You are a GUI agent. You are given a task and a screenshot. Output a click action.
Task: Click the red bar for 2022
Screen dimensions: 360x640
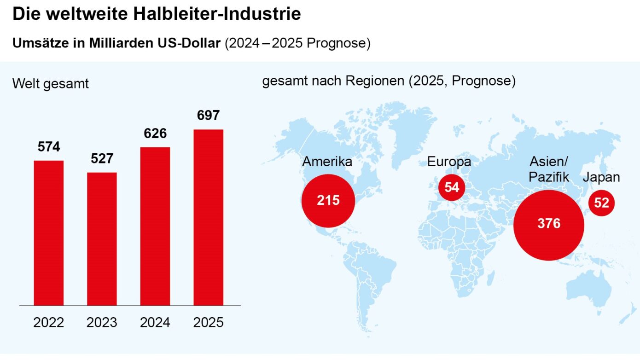(49, 232)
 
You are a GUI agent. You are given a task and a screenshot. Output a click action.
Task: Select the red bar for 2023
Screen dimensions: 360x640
(102, 238)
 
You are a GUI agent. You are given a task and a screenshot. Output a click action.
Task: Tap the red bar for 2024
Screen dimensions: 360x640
(155, 226)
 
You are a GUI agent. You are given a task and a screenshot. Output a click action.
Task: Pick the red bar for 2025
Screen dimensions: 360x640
(208, 217)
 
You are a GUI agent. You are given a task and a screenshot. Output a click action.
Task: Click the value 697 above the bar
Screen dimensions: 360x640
(208, 116)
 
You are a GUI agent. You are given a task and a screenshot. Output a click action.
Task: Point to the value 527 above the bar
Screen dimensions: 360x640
(102, 159)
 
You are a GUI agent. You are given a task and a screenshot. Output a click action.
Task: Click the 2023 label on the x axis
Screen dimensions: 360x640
(102, 322)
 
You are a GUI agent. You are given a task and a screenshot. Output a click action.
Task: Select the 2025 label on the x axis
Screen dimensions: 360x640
(208, 322)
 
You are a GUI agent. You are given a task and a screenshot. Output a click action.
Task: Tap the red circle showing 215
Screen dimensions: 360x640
(328, 201)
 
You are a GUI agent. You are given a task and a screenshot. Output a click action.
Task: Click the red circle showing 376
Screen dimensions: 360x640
(549, 224)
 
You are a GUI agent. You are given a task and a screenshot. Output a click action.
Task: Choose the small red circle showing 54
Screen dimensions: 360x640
(452, 187)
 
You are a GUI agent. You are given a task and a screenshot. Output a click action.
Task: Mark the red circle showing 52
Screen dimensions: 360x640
(601, 203)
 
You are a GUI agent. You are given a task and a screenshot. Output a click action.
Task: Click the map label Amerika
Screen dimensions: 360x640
(327, 162)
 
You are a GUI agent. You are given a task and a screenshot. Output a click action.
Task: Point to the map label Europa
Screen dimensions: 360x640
(449, 162)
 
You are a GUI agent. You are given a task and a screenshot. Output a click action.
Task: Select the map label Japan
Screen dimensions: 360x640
(601, 177)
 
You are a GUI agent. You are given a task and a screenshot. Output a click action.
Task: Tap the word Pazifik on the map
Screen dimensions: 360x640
(549, 177)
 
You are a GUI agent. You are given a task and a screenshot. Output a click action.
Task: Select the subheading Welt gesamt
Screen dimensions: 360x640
(51, 84)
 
